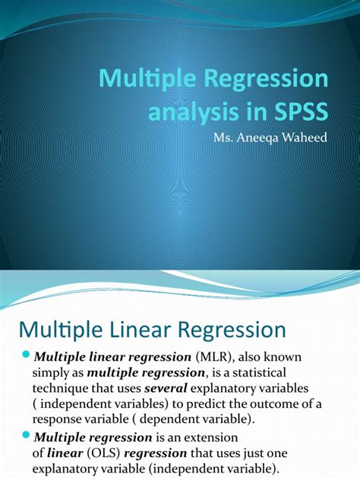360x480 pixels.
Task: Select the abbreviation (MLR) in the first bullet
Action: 216,358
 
